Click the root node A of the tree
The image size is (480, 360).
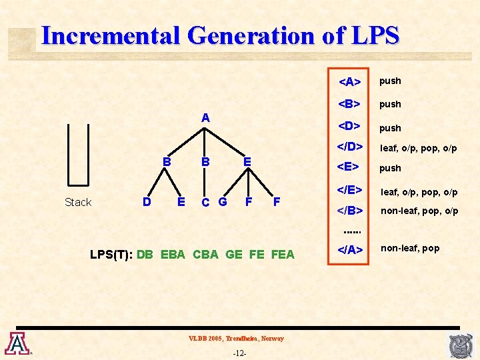[206, 118]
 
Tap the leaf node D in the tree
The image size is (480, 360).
[147, 201]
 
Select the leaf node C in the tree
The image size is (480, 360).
[206, 202]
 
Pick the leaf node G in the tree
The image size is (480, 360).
[222, 201]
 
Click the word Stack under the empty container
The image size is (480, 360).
[78, 202]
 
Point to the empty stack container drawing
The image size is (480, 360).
[78, 154]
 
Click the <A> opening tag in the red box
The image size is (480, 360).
[350, 82]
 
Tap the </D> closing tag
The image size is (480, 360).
[350, 147]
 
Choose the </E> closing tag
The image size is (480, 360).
[350, 191]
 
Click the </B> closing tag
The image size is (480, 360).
[350, 211]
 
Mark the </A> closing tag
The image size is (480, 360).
[350, 250]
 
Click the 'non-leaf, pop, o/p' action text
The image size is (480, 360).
[419, 211]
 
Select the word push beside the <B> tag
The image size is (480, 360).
[390, 104]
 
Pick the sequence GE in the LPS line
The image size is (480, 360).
[234, 254]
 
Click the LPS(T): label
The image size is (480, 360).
[112, 254]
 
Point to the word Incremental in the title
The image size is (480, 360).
[110, 35]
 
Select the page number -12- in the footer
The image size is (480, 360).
[239, 353]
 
